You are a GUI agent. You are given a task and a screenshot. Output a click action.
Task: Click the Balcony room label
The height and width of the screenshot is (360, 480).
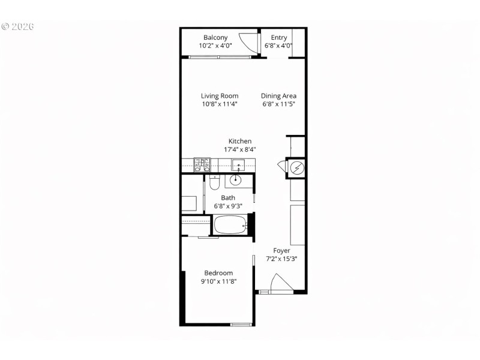(x=215, y=37)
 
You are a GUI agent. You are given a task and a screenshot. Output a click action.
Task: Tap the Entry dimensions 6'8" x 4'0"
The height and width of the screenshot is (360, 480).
(x=278, y=46)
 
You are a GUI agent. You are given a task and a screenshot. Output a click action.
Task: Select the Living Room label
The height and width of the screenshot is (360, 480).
(x=220, y=96)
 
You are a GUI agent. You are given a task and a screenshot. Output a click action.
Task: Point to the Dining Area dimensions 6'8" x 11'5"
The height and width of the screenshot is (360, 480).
(x=278, y=104)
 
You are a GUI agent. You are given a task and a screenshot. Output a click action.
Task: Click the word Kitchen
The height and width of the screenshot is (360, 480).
(x=239, y=142)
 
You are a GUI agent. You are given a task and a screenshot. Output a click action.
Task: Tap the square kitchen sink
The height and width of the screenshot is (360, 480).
(x=238, y=163)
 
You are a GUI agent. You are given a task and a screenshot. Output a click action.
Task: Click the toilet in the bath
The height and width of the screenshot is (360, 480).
(x=214, y=181)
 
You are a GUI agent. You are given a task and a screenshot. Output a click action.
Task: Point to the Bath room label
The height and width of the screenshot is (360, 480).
(x=228, y=198)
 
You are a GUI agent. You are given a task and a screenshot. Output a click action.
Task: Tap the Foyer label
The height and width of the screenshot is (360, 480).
(x=281, y=251)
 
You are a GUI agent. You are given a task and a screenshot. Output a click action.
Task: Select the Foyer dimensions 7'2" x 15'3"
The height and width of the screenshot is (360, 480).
(x=281, y=259)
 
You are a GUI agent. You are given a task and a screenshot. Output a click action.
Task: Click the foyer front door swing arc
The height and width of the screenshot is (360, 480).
(x=280, y=283)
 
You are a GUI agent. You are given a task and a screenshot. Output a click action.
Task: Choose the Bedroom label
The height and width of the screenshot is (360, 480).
(x=217, y=273)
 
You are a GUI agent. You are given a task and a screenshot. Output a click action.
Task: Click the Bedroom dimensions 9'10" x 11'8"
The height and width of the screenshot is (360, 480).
(x=217, y=281)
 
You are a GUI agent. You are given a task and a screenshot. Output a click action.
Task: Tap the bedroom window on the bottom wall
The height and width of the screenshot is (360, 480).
(x=241, y=325)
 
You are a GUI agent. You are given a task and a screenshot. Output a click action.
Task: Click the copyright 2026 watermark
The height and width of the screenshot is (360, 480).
(x=17, y=27)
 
